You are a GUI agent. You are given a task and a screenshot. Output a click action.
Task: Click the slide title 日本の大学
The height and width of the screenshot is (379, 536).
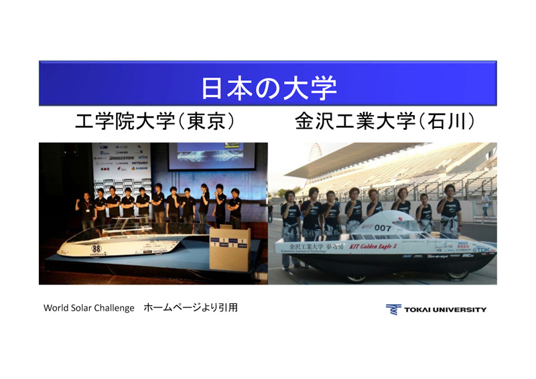(268, 86)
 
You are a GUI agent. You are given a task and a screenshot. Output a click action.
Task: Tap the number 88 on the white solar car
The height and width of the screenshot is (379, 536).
(96, 248)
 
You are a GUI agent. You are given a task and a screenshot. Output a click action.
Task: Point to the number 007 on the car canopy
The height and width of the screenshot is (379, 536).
(383, 228)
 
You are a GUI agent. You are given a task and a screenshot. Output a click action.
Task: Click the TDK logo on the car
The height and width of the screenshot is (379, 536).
(483, 250)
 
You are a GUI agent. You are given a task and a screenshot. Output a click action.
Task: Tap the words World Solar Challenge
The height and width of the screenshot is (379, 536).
(89, 308)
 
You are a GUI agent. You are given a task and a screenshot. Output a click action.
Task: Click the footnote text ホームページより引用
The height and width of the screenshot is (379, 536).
(190, 308)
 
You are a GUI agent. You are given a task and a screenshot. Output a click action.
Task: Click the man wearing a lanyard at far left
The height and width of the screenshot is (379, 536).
(85, 208)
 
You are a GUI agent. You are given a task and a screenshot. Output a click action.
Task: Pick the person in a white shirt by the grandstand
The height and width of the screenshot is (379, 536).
(484, 204)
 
